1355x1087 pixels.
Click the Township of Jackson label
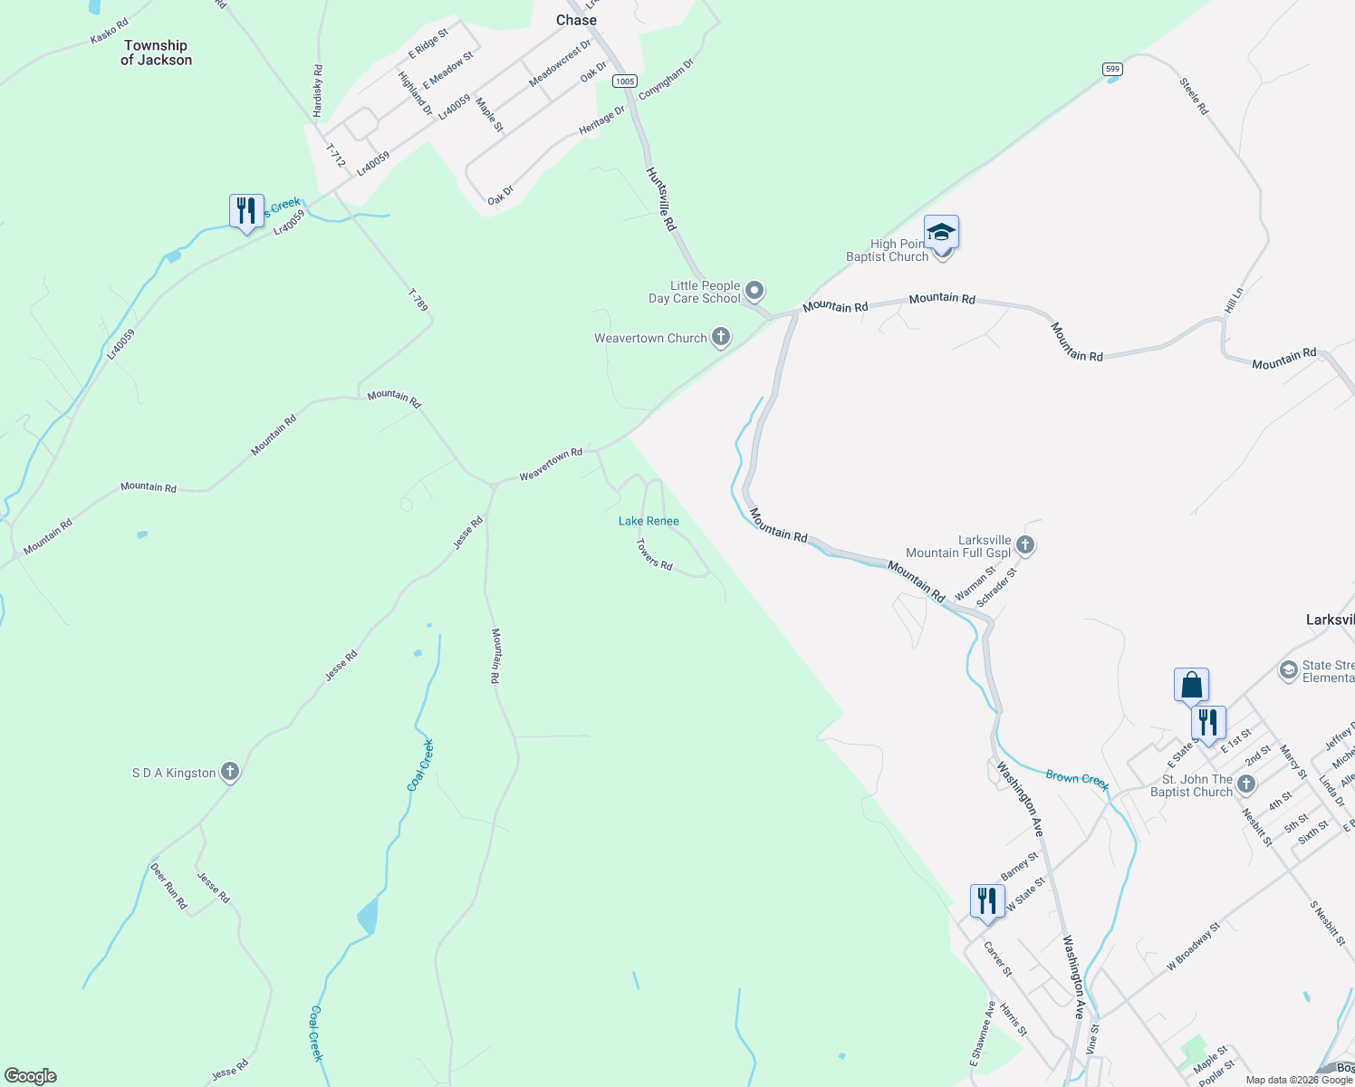tap(156, 53)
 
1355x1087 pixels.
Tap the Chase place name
tap(576, 20)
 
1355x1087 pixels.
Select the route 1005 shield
tap(624, 82)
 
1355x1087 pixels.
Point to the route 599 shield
tap(1112, 69)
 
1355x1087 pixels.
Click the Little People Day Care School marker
tap(754, 291)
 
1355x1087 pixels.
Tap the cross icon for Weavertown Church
tap(721, 338)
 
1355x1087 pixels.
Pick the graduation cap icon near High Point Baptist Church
tap(941, 232)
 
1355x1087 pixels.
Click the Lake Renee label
tap(649, 521)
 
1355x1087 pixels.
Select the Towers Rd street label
tap(654, 553)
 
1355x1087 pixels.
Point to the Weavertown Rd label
tap(551, 465)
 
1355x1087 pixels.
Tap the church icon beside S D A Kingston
tap(230, 772)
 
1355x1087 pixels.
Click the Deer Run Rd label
tap(168, 885)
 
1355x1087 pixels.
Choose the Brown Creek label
tap(1077, 779)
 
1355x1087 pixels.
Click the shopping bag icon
tap(1191, 685)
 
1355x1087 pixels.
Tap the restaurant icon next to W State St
tap(986, 900)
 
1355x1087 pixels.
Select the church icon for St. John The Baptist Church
tap(1246, 784)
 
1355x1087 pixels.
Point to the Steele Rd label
tap(1194, 96)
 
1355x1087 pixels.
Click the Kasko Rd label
tap(110, 32)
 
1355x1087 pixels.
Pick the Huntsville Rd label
tap(660, 198)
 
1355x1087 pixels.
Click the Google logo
tap(31, 1076)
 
